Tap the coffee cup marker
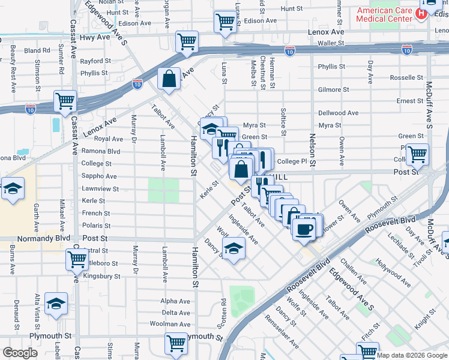pyautogui.click(x=304, y=228)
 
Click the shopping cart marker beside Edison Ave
pyautogui.click(x=225, y=22)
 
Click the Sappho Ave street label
pyautogui.click(x=99, y=176)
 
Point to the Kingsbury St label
pyautogui.click(x=100, y=277)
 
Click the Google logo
pyautogui.click(x=20, y=353)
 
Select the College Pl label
pyautogui.click(x=292, y=161)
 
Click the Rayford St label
pyautogui.click(x=95, y=61)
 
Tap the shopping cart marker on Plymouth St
pyautogui.click(x=176, y=343)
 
